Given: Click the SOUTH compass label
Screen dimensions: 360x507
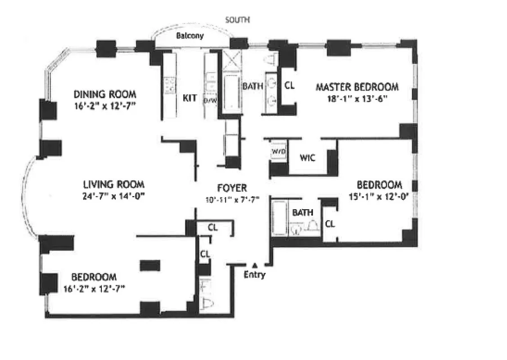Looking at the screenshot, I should point(237,20).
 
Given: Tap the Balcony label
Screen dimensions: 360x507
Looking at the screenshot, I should point(190,36).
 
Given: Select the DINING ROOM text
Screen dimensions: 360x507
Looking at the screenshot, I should point(104,94).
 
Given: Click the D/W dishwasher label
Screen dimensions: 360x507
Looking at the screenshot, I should point(210,100).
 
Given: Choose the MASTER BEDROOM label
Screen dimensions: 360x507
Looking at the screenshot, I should point(357,86).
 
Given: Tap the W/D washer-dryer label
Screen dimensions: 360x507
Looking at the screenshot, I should point(278,152).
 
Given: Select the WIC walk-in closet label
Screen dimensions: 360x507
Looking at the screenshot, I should point(308,158).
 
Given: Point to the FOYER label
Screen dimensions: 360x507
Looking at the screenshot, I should point(232,188).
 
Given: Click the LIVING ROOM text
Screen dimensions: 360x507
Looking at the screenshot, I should point(113,184).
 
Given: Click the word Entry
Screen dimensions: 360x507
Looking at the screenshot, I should point(254,275).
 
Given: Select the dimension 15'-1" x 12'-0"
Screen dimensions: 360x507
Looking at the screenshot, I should point(379,196).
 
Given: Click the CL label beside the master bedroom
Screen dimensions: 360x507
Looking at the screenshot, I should point(290,85).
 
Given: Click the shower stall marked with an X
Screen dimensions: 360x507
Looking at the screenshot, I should point(232,60).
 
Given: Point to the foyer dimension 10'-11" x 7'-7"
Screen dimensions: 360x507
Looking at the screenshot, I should point(232,200).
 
